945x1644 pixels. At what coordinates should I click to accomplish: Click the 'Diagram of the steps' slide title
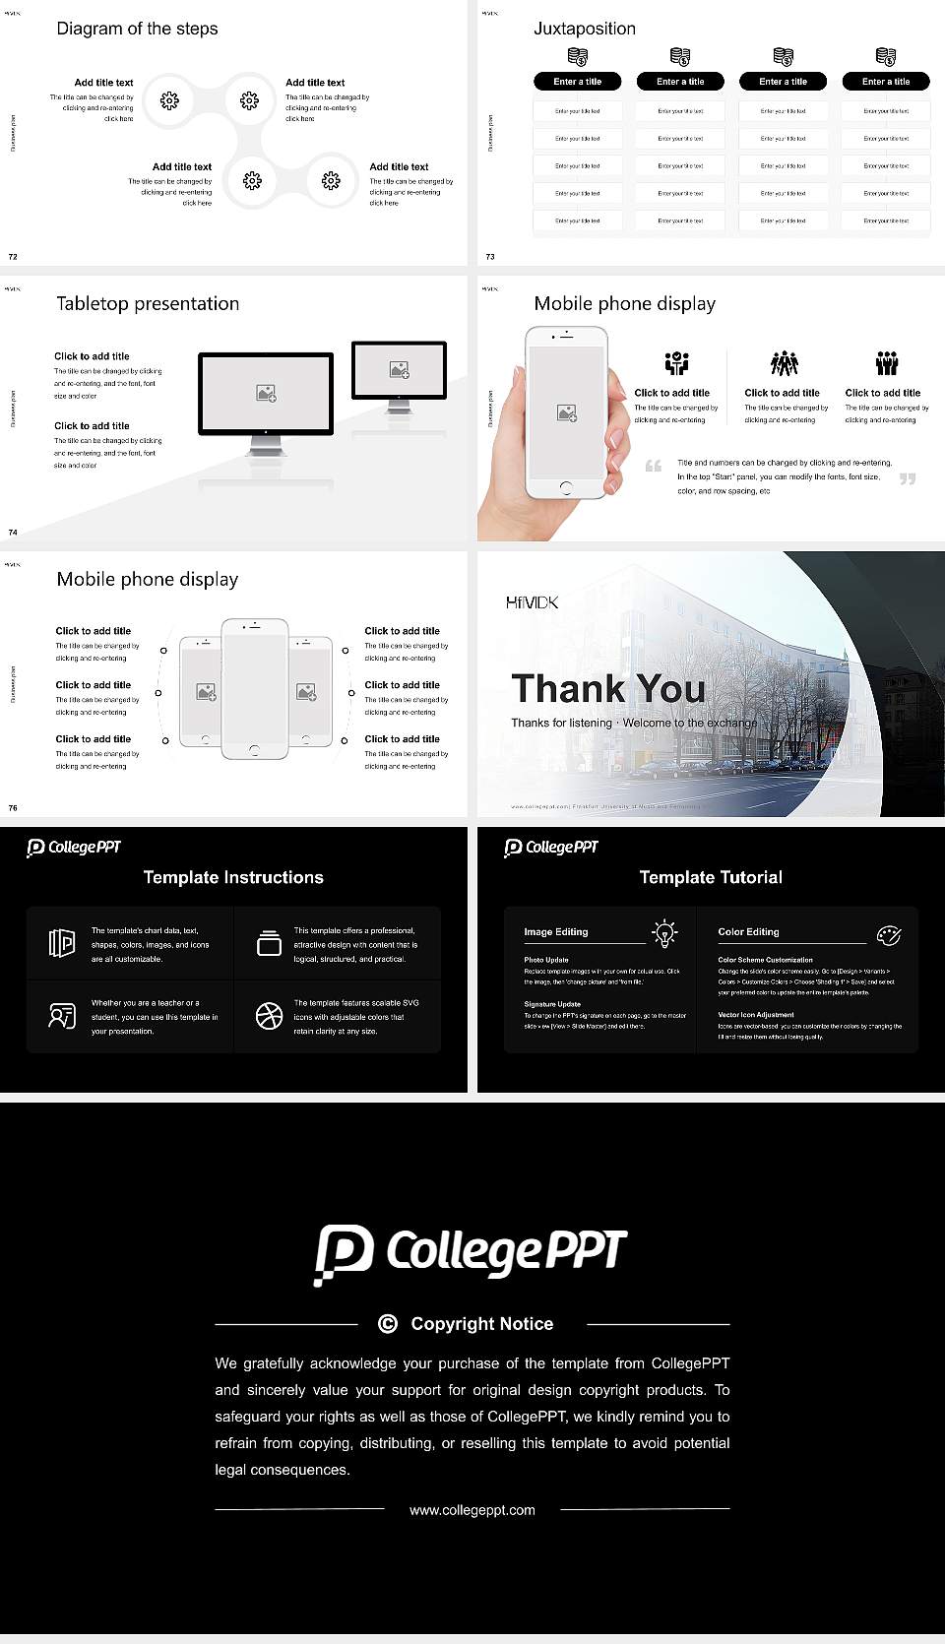[x=137, y=29]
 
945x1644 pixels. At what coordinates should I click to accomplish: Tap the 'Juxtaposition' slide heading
[x=585, y=29]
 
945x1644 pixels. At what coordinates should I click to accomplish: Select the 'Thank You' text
[x=608, y=688]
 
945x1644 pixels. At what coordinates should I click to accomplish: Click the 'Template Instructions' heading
[x=233, y=877]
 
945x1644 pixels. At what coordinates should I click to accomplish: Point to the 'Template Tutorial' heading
[x=711, y=877]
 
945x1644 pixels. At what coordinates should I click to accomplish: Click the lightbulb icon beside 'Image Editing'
[x=665, y=933]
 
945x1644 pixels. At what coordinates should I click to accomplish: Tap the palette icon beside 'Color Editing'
[x=889, y=934]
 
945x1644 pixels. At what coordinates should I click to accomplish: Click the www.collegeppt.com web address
[x=472, y=1510]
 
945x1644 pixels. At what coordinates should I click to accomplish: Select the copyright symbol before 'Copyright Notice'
[x=388, y=1324]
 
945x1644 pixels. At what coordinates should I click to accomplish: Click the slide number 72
[x=13, y=257]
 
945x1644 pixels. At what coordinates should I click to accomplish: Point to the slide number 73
[x=490, y=257]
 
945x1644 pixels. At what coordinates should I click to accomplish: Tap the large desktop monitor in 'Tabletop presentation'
[x=266, y=394]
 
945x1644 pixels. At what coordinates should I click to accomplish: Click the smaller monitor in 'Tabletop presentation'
[x=399, y=370]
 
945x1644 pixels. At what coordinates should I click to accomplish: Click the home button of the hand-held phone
[x=566, y=487]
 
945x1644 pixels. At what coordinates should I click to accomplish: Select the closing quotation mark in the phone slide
[x=908, y=478]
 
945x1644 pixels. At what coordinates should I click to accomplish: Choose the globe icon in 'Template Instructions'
[x=269, y=1016]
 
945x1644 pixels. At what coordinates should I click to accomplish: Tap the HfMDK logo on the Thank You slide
[x=532, y=602]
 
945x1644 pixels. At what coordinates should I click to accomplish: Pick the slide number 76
[x=13, y=808]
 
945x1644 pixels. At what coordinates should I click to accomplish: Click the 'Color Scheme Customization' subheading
[x=765, y=960]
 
